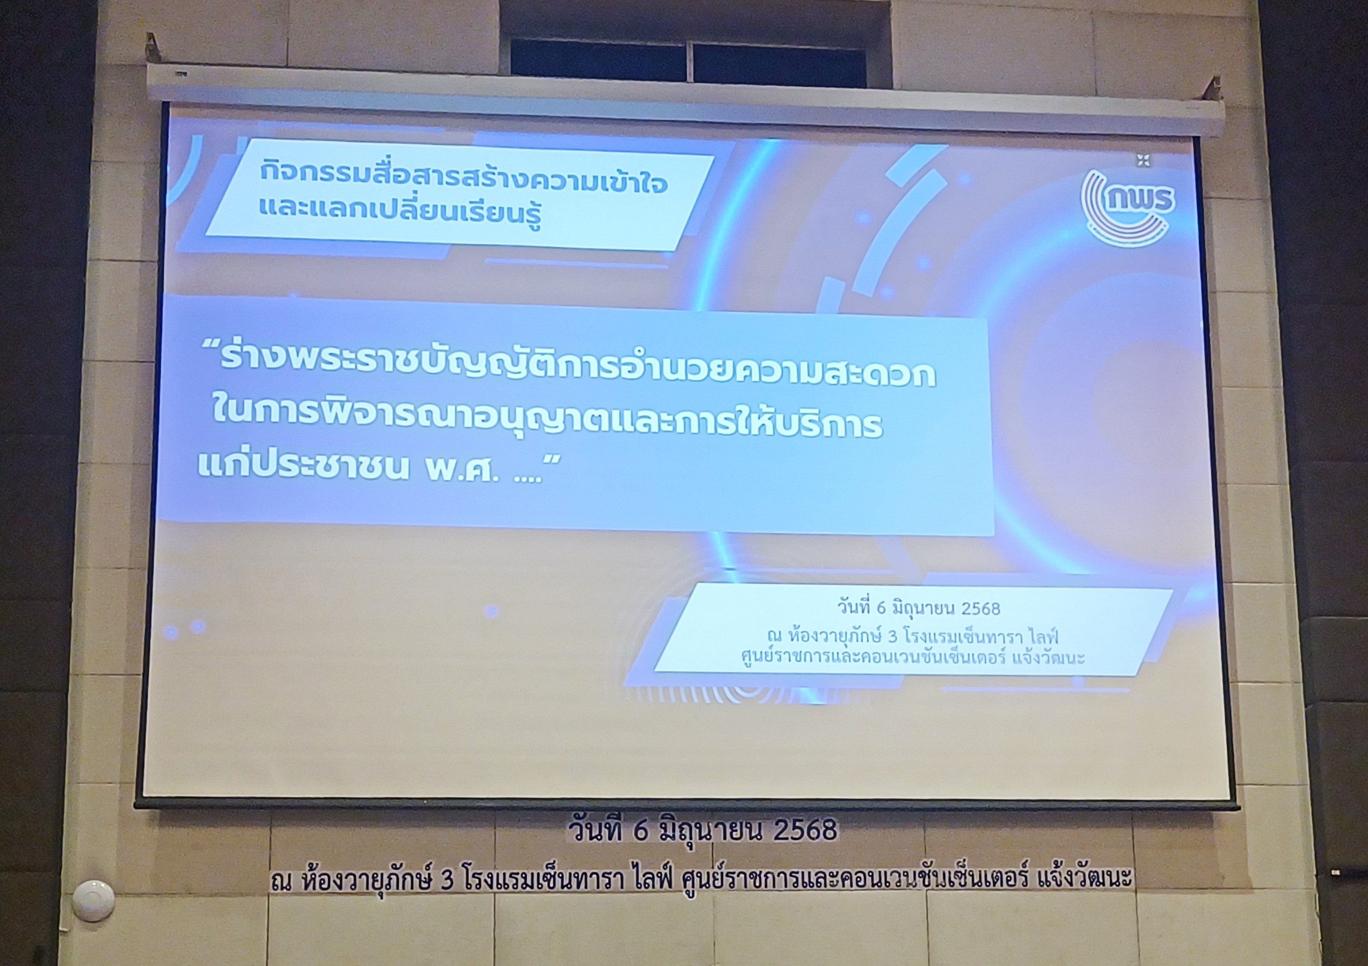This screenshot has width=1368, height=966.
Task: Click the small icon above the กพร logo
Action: [x=1142, y=160]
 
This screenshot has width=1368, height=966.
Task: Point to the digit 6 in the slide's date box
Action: [x=882, y=608]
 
